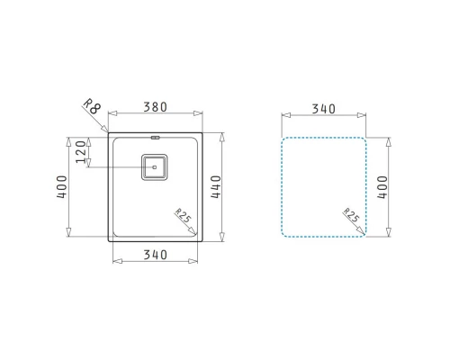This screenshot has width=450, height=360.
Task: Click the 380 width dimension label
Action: (x=155, y=107)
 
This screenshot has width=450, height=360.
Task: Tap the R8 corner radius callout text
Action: (x=92, y=106)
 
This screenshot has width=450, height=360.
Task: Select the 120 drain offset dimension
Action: (x=81, y=152)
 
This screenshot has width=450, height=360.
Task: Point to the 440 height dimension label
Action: (x=216, y=186)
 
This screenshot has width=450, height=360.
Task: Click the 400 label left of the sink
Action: (x=62, y=186)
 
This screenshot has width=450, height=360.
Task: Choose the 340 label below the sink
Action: (x=155, y=255)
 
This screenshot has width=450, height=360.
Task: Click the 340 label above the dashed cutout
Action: (x=323, y=109)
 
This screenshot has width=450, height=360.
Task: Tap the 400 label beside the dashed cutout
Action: (x=382, y=187)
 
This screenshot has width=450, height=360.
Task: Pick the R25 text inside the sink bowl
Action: (x=183, y=215)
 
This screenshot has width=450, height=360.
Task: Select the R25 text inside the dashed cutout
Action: (x=351, y=215)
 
